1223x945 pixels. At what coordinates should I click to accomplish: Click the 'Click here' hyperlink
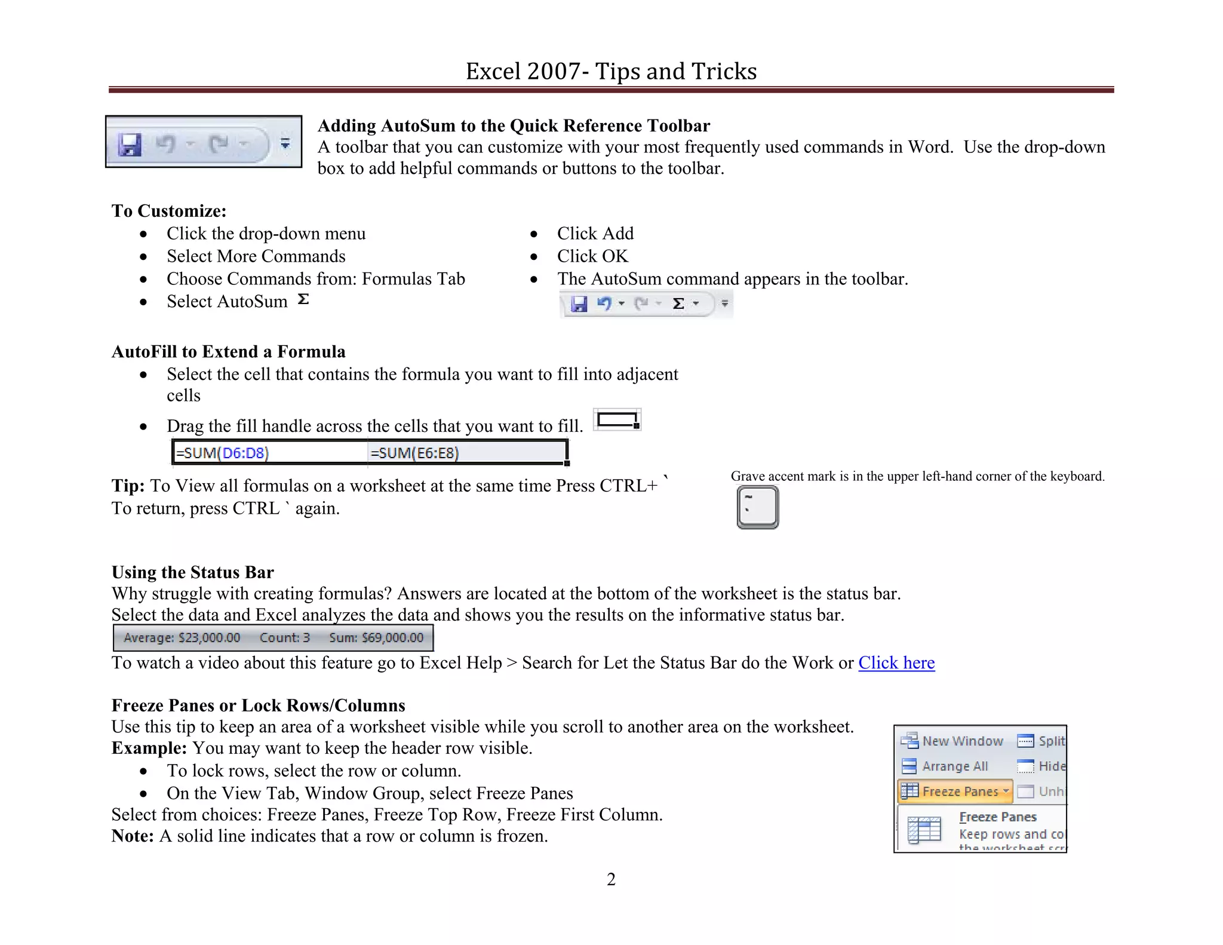[x=896, y=662]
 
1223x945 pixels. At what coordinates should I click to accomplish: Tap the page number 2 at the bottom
[x=611, y=879]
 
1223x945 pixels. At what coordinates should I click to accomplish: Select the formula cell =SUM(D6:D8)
[x=222, y=453]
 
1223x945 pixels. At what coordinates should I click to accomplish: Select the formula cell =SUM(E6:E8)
[x=414, y=453]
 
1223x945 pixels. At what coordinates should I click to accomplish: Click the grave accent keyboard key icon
[x=757, y=507]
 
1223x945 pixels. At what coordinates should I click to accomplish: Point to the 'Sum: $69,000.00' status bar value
[x=376, y=638]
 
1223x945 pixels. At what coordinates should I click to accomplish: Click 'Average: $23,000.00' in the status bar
[x=182, y=638]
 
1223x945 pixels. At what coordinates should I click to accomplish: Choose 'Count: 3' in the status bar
[x=285, y=638]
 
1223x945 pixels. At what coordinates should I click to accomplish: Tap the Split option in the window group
[x=1042, y=741]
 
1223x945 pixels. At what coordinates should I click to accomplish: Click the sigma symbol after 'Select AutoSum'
[x=303, y=299]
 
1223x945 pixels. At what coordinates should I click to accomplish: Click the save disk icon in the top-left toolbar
[x=130, y=145]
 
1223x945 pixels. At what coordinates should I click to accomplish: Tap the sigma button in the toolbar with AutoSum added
[x=678, y=304]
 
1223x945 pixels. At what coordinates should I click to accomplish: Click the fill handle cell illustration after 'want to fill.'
[x=617, y=420]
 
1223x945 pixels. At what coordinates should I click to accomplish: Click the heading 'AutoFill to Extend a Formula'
[x=229, y=351]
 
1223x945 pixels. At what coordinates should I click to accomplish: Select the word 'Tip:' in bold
[x=128, y=486]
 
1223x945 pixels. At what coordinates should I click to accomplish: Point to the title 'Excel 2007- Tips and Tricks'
[x=611, y=71]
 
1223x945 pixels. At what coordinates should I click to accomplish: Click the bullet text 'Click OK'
[x=592, y=256]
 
